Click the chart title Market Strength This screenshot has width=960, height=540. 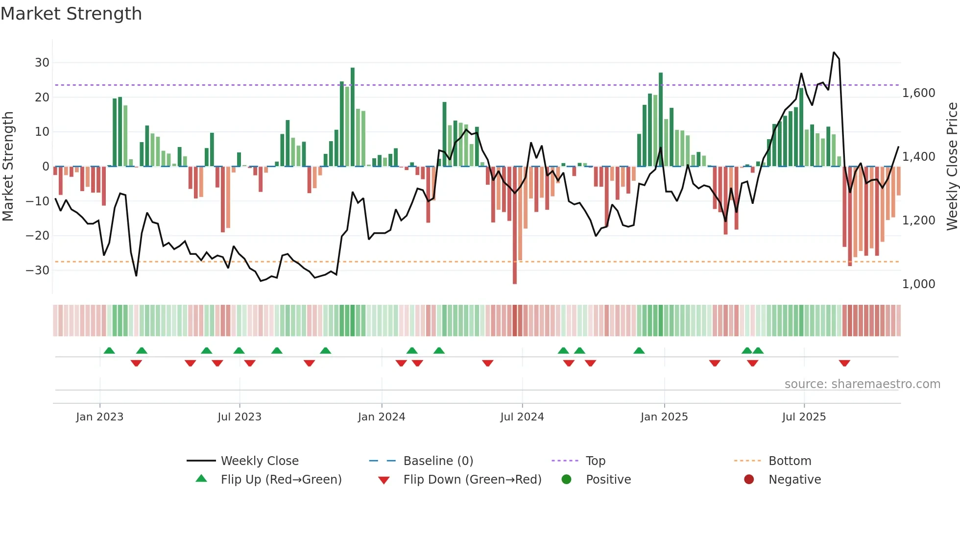[71, 14]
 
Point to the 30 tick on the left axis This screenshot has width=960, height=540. [42, 63]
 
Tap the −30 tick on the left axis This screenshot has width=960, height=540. [38, 270]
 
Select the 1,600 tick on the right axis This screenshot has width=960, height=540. [918, 93]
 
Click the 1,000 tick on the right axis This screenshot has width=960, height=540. [918, 284]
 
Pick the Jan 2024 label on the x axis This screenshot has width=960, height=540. [382, 417]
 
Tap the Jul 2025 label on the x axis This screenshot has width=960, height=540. [804, 417]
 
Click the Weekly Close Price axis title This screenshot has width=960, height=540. [952, 167]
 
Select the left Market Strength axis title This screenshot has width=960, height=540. [8, 167]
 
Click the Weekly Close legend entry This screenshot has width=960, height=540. [259, 461]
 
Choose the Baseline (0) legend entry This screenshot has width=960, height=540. [438, 461]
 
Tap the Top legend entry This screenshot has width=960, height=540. [595, 461]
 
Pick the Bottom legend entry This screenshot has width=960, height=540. [790, 461]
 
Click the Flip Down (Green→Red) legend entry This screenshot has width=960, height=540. [472, 480]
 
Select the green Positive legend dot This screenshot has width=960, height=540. [566, 480]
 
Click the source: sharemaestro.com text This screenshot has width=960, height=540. [862, 384]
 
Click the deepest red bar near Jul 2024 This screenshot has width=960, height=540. [515, 225]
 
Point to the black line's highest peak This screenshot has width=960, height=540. [834, 52]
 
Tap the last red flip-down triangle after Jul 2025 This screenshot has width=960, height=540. [844, 363]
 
